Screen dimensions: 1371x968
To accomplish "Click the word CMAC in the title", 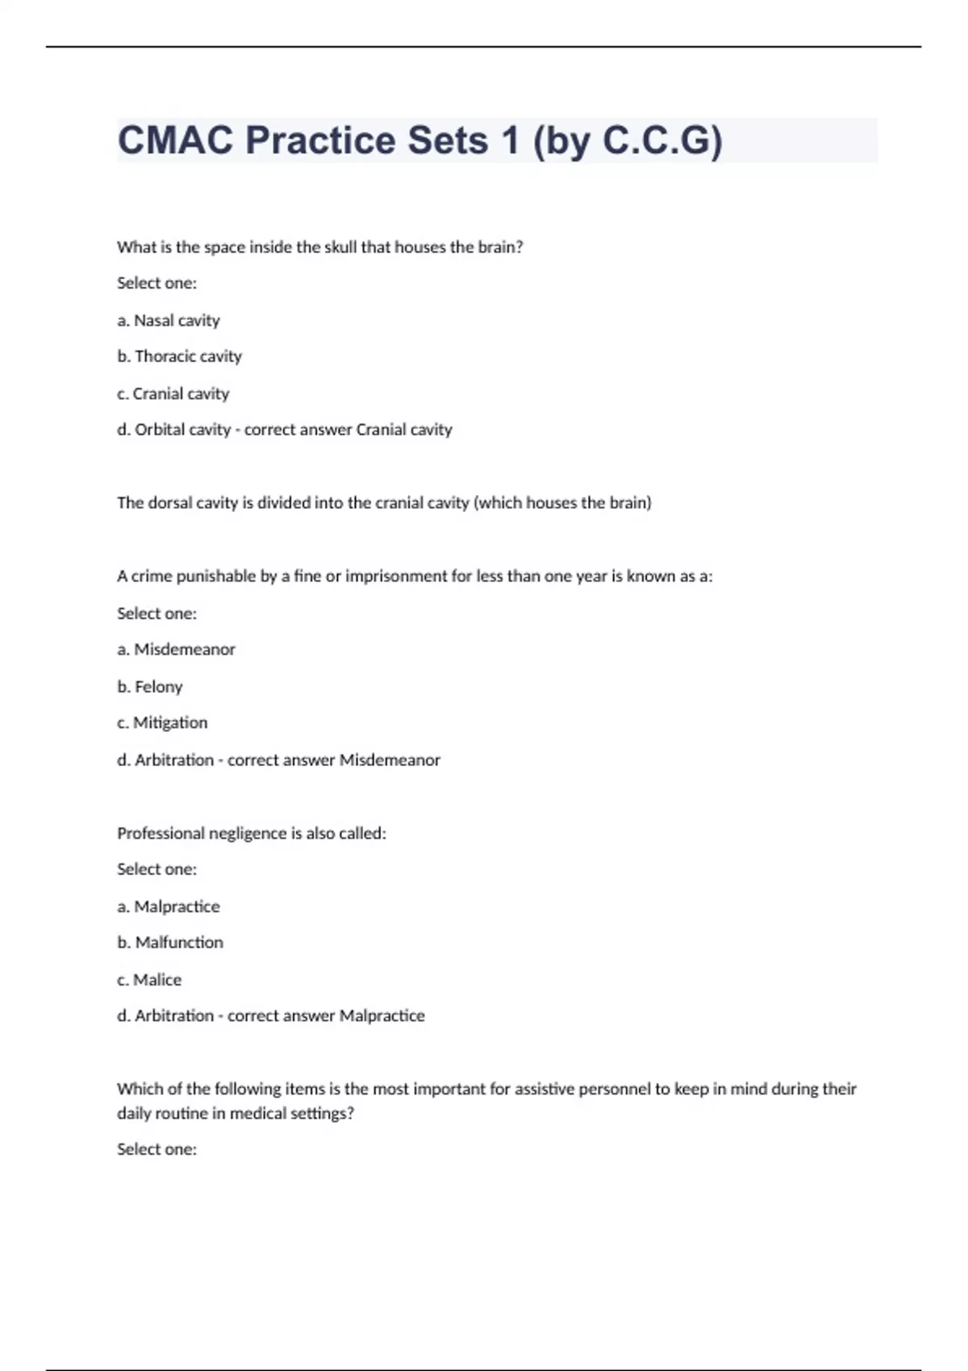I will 175,140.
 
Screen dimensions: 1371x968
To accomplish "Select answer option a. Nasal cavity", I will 169,320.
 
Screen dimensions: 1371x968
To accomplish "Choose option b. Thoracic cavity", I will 179,356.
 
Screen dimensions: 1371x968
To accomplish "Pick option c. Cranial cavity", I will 173,394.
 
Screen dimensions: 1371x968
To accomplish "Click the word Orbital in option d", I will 159,429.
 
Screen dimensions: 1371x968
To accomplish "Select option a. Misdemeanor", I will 176,649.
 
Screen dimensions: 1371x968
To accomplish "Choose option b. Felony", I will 150,686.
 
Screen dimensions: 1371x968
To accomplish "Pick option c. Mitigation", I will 162,723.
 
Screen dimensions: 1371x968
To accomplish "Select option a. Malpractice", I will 169,906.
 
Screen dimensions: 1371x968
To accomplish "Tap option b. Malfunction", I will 170,942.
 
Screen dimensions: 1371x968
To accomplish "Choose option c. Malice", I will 149,980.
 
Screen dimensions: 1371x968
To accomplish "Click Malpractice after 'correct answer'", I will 382,1015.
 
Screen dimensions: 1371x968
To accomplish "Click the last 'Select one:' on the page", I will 156,1149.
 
